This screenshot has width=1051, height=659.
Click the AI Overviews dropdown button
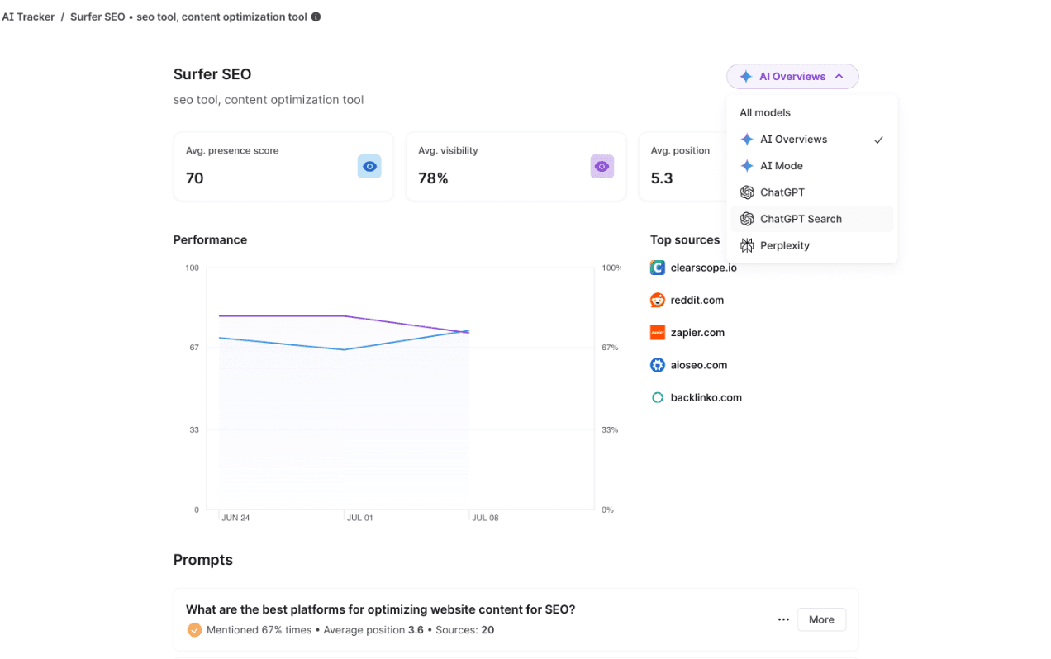[x=792, y=77]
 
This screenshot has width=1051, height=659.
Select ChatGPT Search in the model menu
[x=801, y=219]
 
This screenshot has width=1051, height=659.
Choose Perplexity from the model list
[x=784, y=245]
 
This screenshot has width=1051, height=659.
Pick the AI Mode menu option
[x=781, y=165]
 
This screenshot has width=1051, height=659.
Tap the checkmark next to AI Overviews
[x=878, y=140]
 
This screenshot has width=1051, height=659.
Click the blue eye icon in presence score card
[x=369, y=167]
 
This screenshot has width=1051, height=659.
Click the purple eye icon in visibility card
[x=602, y=167]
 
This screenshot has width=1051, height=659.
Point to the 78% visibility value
[x=433, y=178]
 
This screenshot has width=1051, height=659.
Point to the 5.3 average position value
[x=662, y=178]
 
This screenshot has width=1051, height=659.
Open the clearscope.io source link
[x=703, y=268]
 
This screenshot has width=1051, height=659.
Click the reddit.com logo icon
[x=658, y=301]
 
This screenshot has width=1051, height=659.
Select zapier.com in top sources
[x=697, y=333]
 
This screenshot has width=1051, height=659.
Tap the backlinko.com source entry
[x=706, y=398]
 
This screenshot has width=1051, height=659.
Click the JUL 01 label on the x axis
[x=360, y=518]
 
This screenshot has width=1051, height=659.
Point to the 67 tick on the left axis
[x=194, y=348]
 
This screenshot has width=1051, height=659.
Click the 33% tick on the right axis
[x=610, y=429]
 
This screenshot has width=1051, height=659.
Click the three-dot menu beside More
[x=783, y=619]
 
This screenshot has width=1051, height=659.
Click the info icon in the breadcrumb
[x=316, y=17]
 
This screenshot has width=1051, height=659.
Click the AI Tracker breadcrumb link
[x=28, y=17]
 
